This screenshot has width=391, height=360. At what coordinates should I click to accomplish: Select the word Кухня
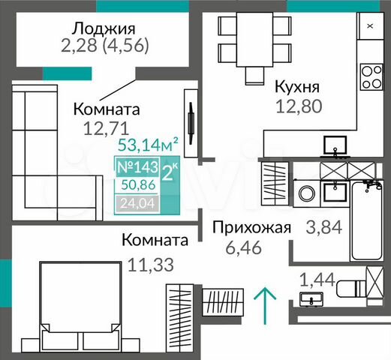[298, 85]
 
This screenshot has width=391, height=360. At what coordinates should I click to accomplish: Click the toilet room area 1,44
[316, 280]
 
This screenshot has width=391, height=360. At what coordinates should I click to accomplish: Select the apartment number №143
[135, 167]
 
